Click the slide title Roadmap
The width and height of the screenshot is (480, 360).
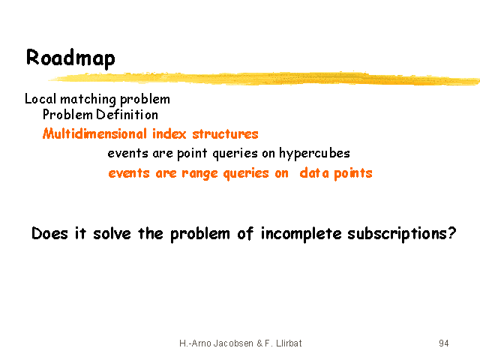[70, 58]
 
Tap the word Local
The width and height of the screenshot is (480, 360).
[40, 99]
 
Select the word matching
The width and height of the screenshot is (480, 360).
[88, 100]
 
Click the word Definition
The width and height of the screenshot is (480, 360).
[127, 115]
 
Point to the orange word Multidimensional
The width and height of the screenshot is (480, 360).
[95, 133]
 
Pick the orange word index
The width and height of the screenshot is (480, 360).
[169, 133]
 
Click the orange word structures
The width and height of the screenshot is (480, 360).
[225, 134]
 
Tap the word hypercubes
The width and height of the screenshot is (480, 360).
[314, 154]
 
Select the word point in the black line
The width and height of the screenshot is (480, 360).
[192, 154]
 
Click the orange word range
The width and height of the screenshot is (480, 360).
[199, 174]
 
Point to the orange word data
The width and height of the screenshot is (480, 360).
[314, 173]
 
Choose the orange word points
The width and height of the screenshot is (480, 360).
[353, 173]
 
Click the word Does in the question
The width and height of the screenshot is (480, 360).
[49, 233]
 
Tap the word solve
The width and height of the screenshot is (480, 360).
[112, 233]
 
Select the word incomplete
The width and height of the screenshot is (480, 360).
[301, 234]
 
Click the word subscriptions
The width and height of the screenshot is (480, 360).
[397, 234]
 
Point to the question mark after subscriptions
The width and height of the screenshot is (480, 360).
[451, 233]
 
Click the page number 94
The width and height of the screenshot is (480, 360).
[443, 343]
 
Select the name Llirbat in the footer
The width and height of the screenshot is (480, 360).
[289, 343]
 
